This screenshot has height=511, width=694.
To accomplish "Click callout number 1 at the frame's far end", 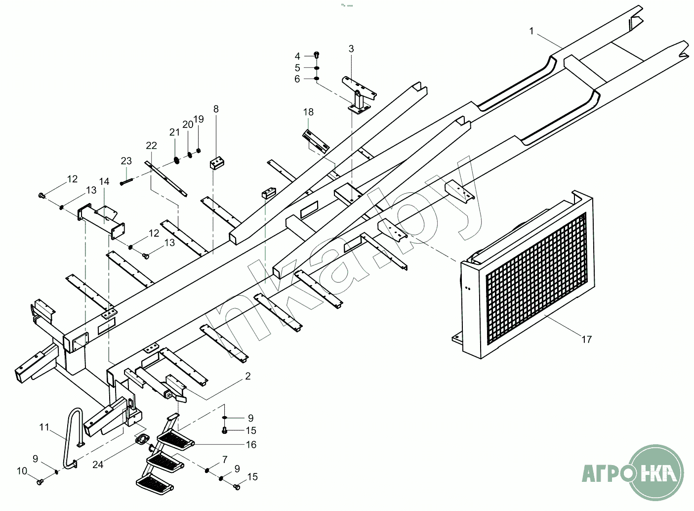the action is [x=531, y=31].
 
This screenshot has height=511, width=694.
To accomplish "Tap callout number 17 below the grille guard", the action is [x=586, y=340].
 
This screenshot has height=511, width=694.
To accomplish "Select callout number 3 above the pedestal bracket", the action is [x=351, y=48].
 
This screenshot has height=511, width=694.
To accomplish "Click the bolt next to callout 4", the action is [x=316, y=55].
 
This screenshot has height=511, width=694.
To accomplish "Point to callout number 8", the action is [x=216, y=109].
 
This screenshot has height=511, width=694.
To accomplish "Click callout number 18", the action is [x=308, y=112].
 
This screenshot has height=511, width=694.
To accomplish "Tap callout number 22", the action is [x=152, y=145].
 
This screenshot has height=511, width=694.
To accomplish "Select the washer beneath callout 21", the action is [x=177, y=161].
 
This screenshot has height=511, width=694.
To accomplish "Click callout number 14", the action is [x=104, y=181].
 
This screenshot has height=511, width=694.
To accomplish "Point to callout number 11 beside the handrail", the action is [x=44, y=427].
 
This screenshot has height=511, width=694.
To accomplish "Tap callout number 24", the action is [x=98, y=465].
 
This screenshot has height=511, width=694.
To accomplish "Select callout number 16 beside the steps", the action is [x=251, y=445].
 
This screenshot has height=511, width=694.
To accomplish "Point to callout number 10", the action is [x=22, y=471].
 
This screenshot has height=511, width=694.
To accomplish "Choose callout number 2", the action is [x=248, y=376].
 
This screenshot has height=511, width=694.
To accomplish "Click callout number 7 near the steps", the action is [x=225, y=459].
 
